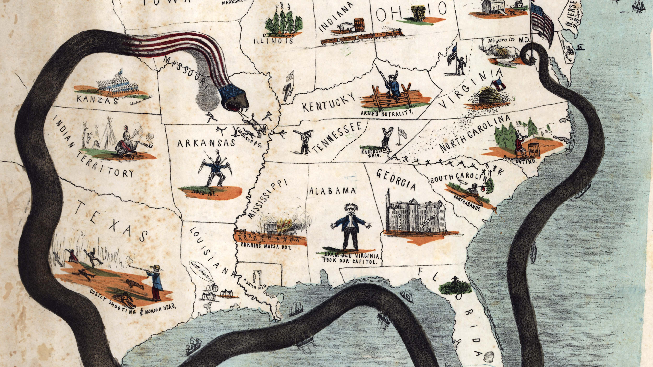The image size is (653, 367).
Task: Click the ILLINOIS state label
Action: [x=272, y=41]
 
